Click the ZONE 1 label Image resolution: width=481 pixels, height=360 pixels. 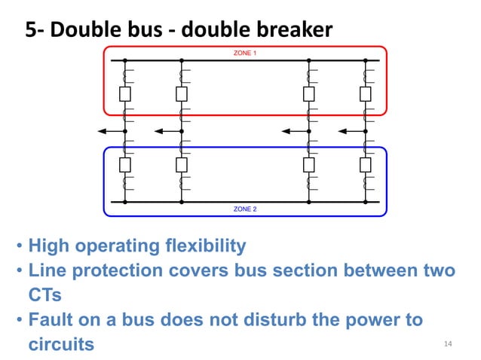tap(245, 53)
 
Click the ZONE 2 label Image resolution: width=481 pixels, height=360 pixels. tap(245, 209)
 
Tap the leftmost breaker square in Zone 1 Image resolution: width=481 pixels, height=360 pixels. tap(125, 93)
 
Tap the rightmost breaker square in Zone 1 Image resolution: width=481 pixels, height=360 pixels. tap(366, 93)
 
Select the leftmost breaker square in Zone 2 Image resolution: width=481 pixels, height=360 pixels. tap(125, 165)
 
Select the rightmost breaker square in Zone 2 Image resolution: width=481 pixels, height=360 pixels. tap(366, 165)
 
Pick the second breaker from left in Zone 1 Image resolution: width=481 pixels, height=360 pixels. tap(181, 93)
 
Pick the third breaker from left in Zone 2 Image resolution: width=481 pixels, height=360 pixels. tap(309, 165)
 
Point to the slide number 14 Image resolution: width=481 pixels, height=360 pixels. tap(448, 344)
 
